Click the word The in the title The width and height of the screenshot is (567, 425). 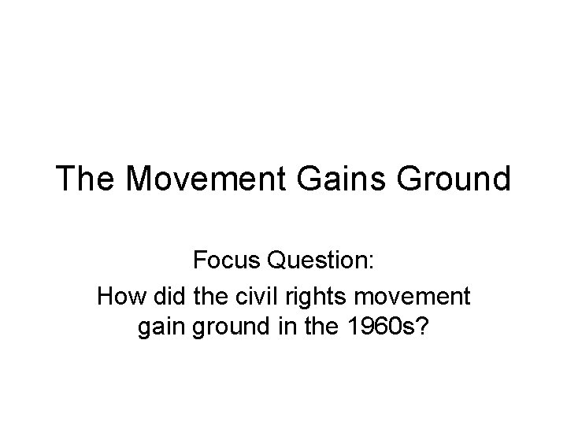[x=88, y=179]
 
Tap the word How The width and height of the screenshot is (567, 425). [x=117, y=297]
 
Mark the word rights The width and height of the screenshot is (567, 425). [x=304, y=297]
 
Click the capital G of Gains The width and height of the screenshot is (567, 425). [x=310, y=179]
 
